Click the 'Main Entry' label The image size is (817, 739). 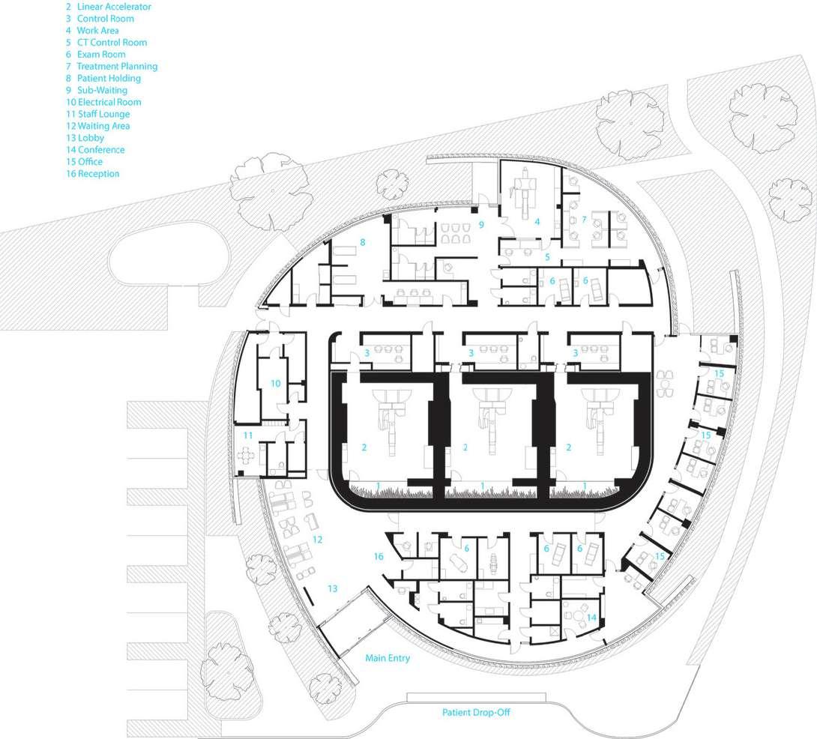[x=388, y=659]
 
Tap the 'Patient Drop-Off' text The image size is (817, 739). [x=476, y=713]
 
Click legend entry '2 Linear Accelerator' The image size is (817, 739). [x=108, y=6]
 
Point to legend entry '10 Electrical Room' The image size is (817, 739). [x=103, y=102]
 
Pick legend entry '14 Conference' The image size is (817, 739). [x=95, y=150]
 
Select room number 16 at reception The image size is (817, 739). [x=379, y=556]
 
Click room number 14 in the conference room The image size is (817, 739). [x=592, y=618]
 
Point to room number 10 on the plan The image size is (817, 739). [x=275, y=383]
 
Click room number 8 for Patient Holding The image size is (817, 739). [x=362, y=242]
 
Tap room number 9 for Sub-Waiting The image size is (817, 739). [x=482, y=224]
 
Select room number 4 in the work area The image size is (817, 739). [x=537, y=222]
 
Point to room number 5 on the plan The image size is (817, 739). [x=548, y=257]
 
